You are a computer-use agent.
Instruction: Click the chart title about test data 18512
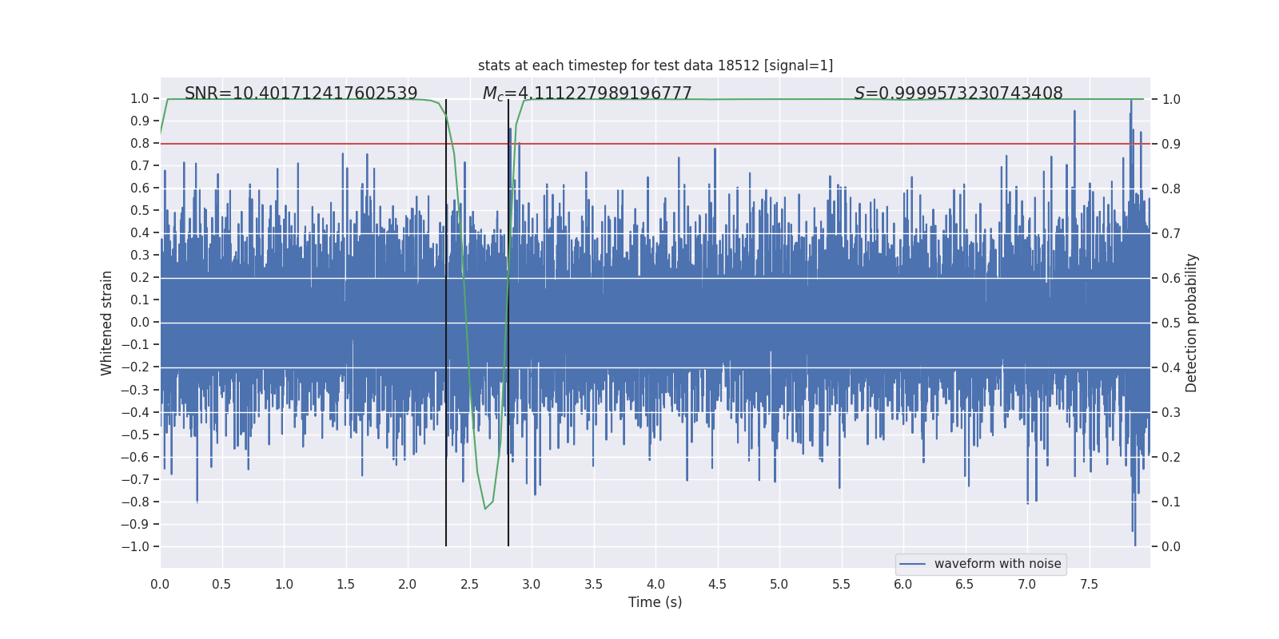coord(655,65)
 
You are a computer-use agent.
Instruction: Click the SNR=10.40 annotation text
coord(301,93)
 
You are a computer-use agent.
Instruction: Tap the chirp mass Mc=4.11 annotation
coord(587,93)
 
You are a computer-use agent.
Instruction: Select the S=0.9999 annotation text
coord(958,93)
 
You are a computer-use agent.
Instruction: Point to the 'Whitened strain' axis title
coord(107,323)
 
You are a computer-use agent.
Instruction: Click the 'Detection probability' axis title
coord(1192,323)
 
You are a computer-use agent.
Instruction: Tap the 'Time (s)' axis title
coord(655,602)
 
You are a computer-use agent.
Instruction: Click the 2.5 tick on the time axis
coord(469,584)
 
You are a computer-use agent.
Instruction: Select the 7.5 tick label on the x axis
coord(1089,584)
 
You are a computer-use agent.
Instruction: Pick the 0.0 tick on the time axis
coord(160,584)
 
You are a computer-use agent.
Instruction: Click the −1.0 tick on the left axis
coord(135,547)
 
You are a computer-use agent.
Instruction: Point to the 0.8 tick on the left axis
coord(140,144)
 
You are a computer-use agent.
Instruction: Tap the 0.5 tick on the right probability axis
coord(1171,323)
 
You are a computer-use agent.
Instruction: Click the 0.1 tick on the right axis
coord(1171,502)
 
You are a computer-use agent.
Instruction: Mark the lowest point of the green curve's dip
coord(484,509)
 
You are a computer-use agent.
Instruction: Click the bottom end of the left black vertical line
coord(446,546)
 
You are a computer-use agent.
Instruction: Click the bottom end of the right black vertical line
coord(508,546)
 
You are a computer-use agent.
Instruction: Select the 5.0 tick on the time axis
coord(779,584)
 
